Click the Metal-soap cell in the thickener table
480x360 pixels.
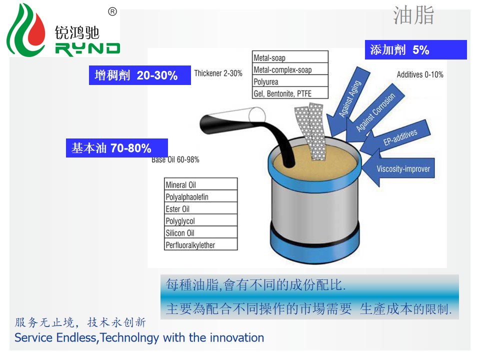tap(290, 57)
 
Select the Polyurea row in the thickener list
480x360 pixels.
tap(290, 81)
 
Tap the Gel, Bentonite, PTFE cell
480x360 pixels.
tap(290, 93)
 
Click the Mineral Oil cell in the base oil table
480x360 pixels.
tap(201, 184)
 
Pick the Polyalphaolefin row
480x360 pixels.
tap(201, 196)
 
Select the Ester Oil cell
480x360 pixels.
tap(201, 208)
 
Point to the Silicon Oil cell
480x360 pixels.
tap(201, 232)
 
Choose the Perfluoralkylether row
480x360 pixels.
tap(201, 244)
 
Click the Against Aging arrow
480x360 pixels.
tap(348, 101)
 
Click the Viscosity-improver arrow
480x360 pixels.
tap(398, 168)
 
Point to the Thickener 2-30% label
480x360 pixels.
tap(218, 73)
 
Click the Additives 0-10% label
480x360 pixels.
tap(420, 74)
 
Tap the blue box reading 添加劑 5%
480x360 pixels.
tap(415, 49)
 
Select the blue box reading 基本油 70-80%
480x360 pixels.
tap(117, 148)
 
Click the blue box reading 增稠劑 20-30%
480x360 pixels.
tap(140, 75)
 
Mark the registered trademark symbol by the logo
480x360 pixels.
tap(112, 11)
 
